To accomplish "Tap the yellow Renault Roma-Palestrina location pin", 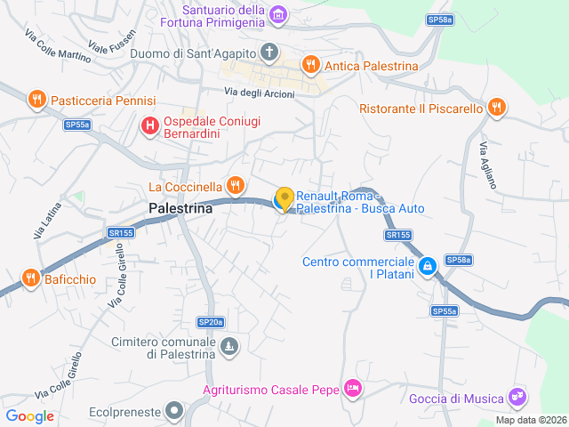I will point(284,199).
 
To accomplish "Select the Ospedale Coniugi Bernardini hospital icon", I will point(149,127).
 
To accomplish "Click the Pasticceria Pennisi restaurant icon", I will point(36,100).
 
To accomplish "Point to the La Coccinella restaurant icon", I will point(235,186).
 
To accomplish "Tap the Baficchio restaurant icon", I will point(30,278).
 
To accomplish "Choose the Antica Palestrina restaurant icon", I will point(310,64).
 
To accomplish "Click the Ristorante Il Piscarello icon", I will point(497,109).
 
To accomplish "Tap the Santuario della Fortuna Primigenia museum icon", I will point(279,14).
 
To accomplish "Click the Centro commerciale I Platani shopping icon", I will point(428,266).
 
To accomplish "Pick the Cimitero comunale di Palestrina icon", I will point(230,345).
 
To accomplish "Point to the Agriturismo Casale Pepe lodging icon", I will point(354,389).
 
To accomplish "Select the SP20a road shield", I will point(211,322).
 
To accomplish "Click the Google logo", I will point(29,415).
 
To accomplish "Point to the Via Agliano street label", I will point(488,165).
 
